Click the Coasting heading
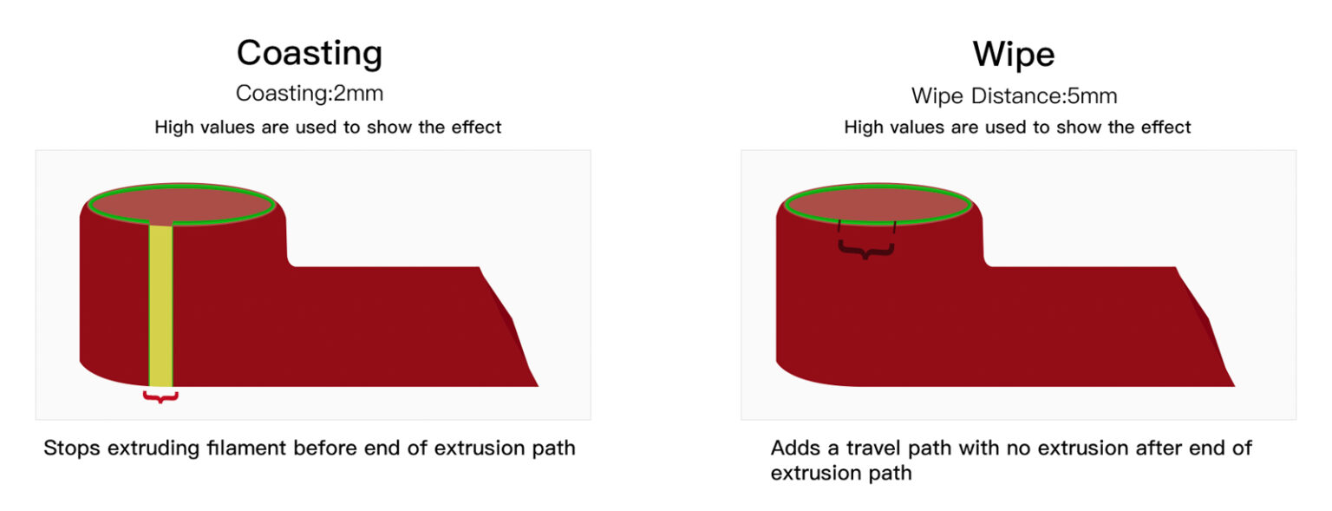310,54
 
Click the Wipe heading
1013,54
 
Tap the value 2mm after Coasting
358,94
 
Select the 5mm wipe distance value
1093,95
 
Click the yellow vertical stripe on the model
160,305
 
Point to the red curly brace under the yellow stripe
160,396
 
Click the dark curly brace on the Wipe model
865,250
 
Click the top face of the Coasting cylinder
182,204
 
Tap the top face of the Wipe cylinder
878,204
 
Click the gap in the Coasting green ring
160,223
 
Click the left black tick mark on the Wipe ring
839,226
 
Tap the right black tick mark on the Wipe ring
894,227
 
